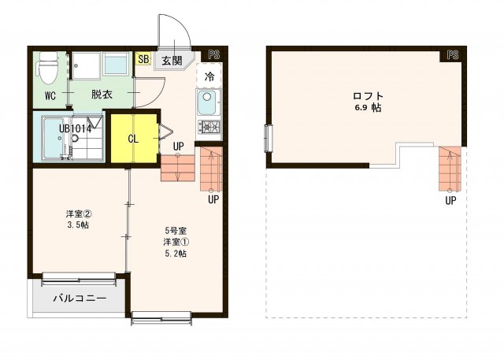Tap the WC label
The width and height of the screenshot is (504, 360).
click(x=50, y=97)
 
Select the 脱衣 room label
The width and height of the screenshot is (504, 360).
click(x=101, y=95)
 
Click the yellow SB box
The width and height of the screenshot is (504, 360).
click(x=143, y=59)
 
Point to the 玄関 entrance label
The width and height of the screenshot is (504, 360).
click(x=172, y=61)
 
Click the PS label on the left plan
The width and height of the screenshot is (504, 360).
click(x=213, y=54)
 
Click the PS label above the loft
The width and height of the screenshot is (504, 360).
click(x=452, y=55)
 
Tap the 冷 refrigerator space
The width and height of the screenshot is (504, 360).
click(x=209, y=76)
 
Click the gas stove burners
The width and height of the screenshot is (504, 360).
click(x=209, y=127)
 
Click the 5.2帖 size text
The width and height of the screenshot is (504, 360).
click(x=175, y=254)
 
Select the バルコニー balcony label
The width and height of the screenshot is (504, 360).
click(x=80, y=299)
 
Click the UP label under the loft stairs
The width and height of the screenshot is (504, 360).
click(x=450, y=200)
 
